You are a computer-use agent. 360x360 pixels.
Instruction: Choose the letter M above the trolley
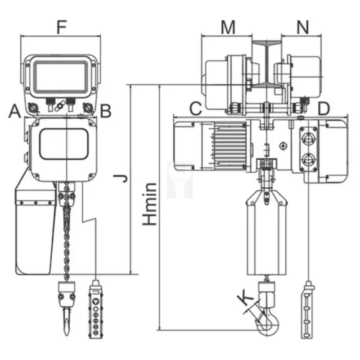point(228,28)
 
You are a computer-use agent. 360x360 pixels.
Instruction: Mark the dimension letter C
point(194,109)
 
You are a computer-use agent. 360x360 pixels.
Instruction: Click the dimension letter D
point(324,109)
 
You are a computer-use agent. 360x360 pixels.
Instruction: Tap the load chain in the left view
point(66,230)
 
